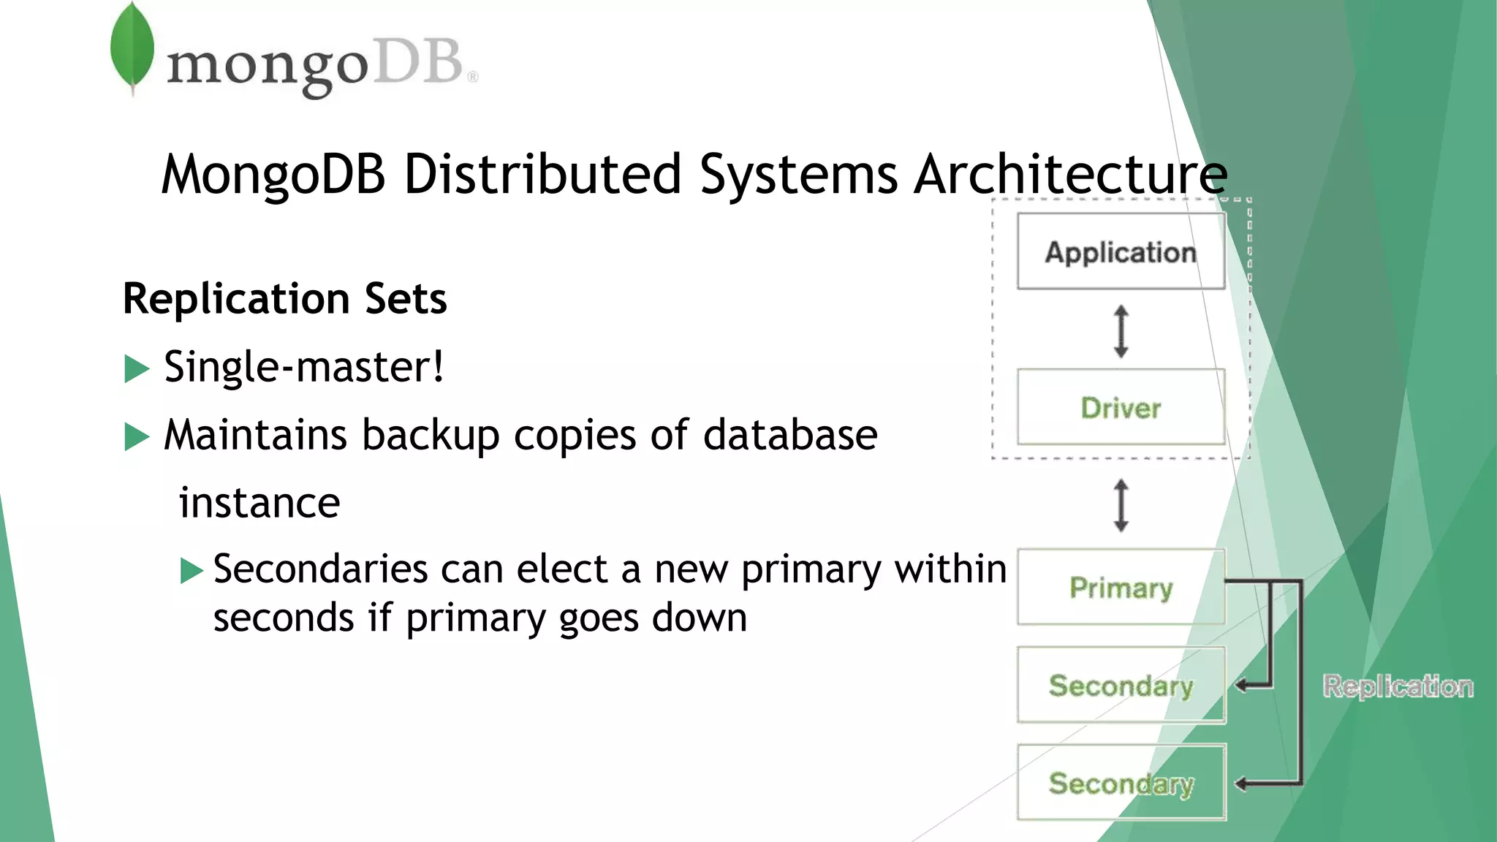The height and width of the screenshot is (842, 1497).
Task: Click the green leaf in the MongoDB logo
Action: pos(132,47)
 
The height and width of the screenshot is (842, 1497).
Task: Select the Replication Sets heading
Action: pos(284,298)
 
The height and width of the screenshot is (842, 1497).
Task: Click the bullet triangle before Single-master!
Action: pos(136,368)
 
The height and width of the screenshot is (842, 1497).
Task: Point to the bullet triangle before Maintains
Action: pos(136,436)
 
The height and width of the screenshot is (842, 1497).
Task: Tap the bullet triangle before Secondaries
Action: pos(192,570)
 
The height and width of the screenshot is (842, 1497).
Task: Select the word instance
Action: pos(259,503)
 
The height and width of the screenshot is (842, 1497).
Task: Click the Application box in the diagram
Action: pos(1121,251)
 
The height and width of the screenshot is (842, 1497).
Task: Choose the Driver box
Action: pos(1121,407)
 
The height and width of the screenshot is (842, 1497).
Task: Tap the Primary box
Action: pos(1121,587)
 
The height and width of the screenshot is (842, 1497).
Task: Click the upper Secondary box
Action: pos(1121,685)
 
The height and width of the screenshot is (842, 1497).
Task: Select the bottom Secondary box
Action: pos(1121,783)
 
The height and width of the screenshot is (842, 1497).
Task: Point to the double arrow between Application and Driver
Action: pos(1121,331)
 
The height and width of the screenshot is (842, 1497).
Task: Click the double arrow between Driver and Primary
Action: pos(1121,505)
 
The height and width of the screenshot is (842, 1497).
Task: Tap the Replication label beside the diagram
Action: pos(1398,686)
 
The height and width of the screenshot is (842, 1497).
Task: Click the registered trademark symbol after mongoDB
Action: pos(473,76)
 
